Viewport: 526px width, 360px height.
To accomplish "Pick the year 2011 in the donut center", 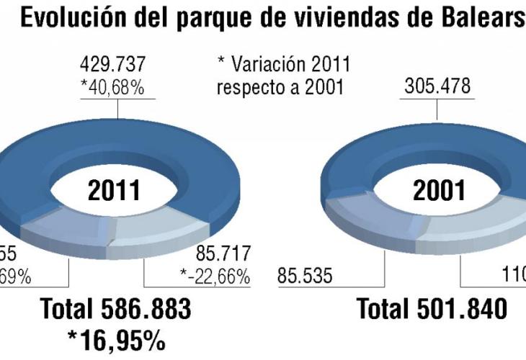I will pyautogui.click(x=113, y=191).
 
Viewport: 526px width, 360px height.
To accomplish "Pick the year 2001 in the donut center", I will pyautogui.click(x=439, y=191).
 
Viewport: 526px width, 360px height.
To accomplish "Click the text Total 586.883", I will pyautogui.click(x=116, y=310).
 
